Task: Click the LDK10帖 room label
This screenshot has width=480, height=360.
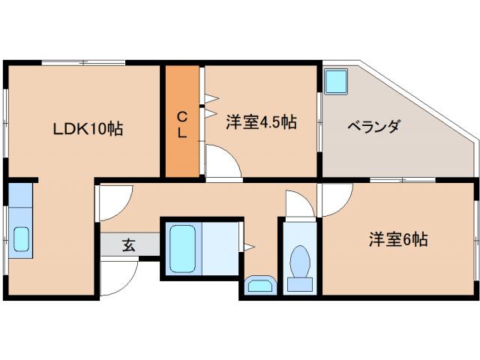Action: coord(88,128)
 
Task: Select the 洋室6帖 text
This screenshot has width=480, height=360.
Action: coord(397,241)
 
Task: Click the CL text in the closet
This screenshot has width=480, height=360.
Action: coord(182,124)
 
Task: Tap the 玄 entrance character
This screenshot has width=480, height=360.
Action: coord(129,244)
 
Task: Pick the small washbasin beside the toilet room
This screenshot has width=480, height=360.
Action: coord(259,286)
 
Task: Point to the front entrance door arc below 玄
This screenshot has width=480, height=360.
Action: coord(115,279)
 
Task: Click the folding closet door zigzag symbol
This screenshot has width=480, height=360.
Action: coord(210,105)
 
